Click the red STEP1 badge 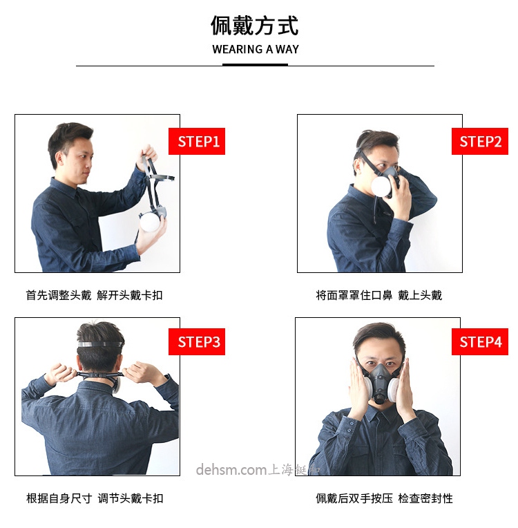tap(198, 142)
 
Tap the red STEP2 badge tap(480, 142)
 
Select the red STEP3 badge tap(198, 341)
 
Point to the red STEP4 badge tap(480, 341)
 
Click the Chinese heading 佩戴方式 tap(255, 26)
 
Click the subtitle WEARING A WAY tap(255, 50)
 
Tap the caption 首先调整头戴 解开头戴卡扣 tap(95, 295)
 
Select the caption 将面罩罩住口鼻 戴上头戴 tap(378, 295)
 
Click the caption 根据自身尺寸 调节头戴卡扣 tap(95, 498)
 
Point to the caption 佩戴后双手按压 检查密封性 tap(384, 498)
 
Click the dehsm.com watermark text tap(231, 471)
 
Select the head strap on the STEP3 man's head tap(101, 343)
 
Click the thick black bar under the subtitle tap(255, 65)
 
